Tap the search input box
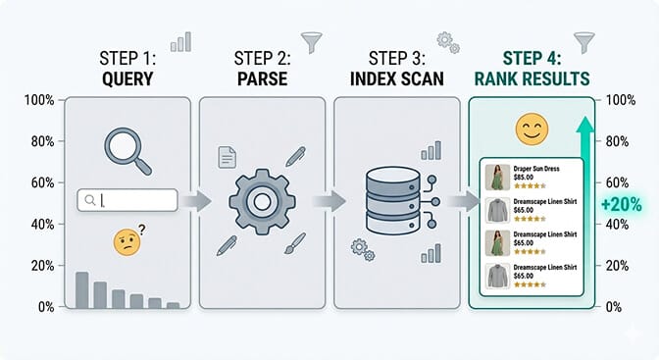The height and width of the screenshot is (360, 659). (x=127, y=200)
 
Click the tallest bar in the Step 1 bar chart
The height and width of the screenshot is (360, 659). (x=82, y=290)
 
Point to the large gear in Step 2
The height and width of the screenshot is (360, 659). (x=262, y=201)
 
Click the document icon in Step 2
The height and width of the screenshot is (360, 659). (x=226, y=156)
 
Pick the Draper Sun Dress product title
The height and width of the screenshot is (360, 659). (x=535, y=169)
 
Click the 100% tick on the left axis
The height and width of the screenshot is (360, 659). (x=40, y=101)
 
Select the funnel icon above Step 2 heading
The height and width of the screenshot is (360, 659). (x=313, y=43)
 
